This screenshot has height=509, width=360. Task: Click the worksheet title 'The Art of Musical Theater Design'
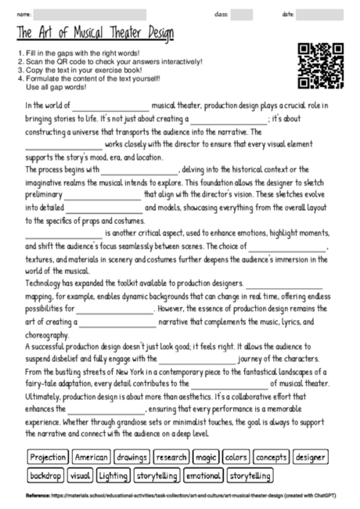pyautogui.click(x=94, y=34)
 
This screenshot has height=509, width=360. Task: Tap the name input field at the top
pyautogui.click(x=89, y=15)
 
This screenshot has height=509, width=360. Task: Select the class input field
pyautogui.click(x=241, y=15)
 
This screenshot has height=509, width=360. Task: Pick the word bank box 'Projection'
pyautogui.click(x=47, y=457)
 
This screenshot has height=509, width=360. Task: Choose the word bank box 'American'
pyautogui.click(x=90, y=457)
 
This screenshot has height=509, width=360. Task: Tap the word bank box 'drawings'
pyautogui.click(x=131, y=457)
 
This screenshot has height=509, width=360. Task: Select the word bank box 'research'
pyautogui.click(x=171, y=457)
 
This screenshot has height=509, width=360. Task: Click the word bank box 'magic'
pyautogui.click(x=206, y=457)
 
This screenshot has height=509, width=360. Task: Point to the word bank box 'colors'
pyautogui.click(x=236, y=457)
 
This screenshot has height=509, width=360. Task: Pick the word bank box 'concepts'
pyautogui.click(x=271, y=457)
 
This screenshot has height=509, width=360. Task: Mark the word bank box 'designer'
pyautogui.click(x=311, y=457)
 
